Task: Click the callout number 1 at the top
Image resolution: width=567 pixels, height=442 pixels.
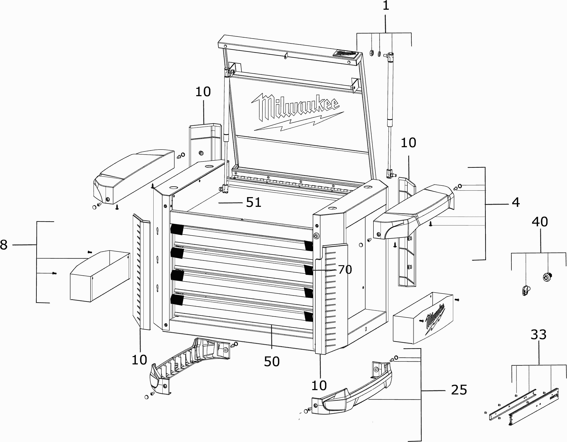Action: pyautogui.click(x=386, y=6)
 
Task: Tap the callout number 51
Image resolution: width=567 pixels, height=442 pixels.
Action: pyautogui.click(x=253, y=203)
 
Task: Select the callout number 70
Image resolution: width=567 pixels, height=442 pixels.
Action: pyautogui.click(x=345, y=270)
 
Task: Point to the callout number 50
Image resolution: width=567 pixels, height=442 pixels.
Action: pyautogui.click(x=272, y=361)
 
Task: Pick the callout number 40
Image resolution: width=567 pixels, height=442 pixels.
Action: pyautogui.click(x=540, y=222)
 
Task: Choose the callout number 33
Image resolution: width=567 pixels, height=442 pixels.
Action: pyautogui.click(x=538, y=335)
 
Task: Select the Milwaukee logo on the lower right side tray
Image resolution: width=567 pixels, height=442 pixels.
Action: pyautogui.click(x=434, y=320)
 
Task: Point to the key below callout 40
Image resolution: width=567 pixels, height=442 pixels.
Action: pyautogui.click(x=526, y=290)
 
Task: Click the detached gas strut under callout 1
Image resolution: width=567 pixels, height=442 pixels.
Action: pyautogui.click(x=390, y=114)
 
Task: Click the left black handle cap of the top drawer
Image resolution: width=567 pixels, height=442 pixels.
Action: pyautogui.click(x=177, y=229)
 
